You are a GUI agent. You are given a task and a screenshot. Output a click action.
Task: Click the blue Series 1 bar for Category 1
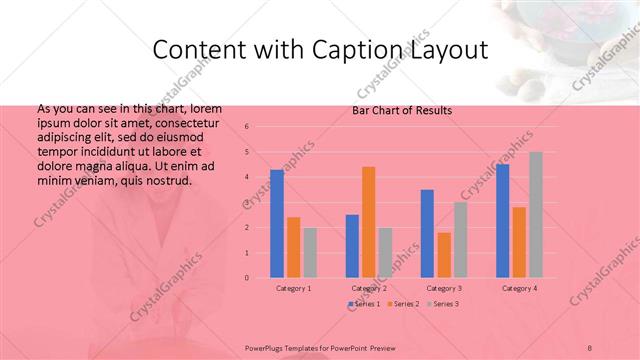[x=276, y=224]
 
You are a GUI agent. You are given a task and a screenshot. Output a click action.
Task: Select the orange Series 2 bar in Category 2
[x=368, y=222]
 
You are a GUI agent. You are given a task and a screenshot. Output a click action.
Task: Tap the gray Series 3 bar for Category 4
[x=536, y=214]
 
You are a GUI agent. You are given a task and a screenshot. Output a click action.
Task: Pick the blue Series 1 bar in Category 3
[x=427, y=233]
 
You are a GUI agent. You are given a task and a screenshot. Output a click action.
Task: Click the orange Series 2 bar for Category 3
[x=443, y=255]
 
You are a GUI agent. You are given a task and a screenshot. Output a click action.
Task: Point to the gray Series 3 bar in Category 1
[x=310, y=252]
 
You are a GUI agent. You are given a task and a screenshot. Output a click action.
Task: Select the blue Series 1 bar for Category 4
[x=502, y=221]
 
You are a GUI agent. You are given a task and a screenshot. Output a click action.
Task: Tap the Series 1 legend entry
[x=365, y=303]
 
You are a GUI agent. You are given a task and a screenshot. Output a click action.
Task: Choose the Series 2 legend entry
[x=402, y=303]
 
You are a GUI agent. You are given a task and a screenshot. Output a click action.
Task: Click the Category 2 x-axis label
[x=369, y=288]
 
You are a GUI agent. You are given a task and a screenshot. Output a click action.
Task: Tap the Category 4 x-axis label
[x=519, y=288]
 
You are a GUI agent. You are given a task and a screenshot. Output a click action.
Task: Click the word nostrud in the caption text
[x=163, y=180]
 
